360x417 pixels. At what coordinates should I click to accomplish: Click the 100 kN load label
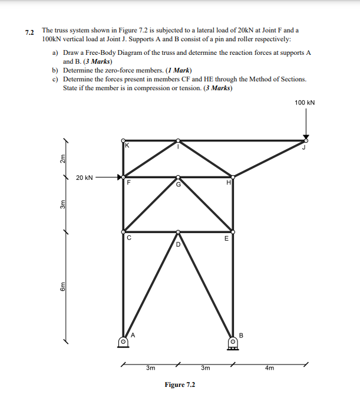pyautogui.click(x=305, y=103)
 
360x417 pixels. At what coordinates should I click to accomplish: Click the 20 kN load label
pyautogui.click(x=84, y=177)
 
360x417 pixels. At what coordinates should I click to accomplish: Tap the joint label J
pyautogui.click(x=304, y=147)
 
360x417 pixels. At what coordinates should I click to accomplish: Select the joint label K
pyautogui.click(x=125, y=145)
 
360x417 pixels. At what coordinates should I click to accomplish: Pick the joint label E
pyautogui.click(x=226, y=239)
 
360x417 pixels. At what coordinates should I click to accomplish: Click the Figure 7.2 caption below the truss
pyautogui.click(x=180, y=385)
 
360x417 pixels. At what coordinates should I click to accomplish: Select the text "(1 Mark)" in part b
pyautogui.click(x=170, y=70)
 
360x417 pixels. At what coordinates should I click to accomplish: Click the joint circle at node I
pyautogui.click(x=178, y=140)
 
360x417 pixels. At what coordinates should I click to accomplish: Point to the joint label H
pyautogui.click(x=227, y=183)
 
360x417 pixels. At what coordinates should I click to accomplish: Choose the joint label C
pyautogui.click(x=128, y=239)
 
